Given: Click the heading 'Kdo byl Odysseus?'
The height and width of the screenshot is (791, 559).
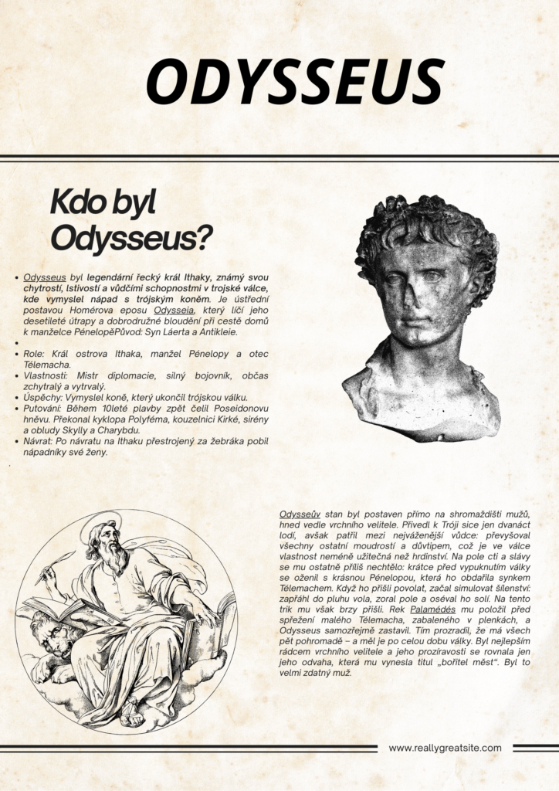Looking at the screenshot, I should [131, 220].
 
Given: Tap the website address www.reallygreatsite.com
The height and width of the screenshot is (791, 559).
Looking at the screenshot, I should [445, 748].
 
